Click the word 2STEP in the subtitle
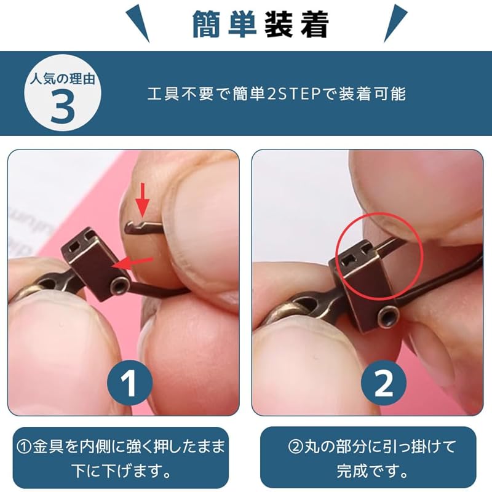[298, 94]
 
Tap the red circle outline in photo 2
[379, 248]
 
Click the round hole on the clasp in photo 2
[386, 316]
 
